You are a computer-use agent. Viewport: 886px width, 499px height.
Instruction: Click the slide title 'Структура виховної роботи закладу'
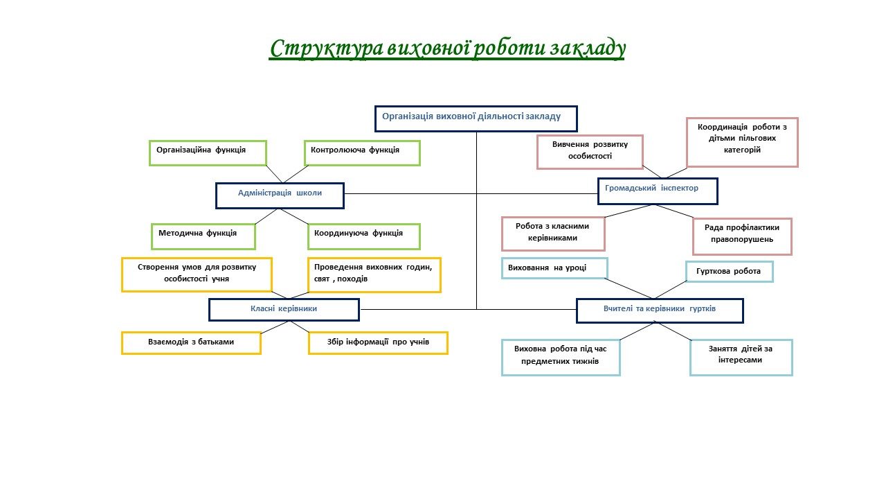click(447, 49)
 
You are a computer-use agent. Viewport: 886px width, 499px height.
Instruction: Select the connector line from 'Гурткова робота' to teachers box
click(671, 290)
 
